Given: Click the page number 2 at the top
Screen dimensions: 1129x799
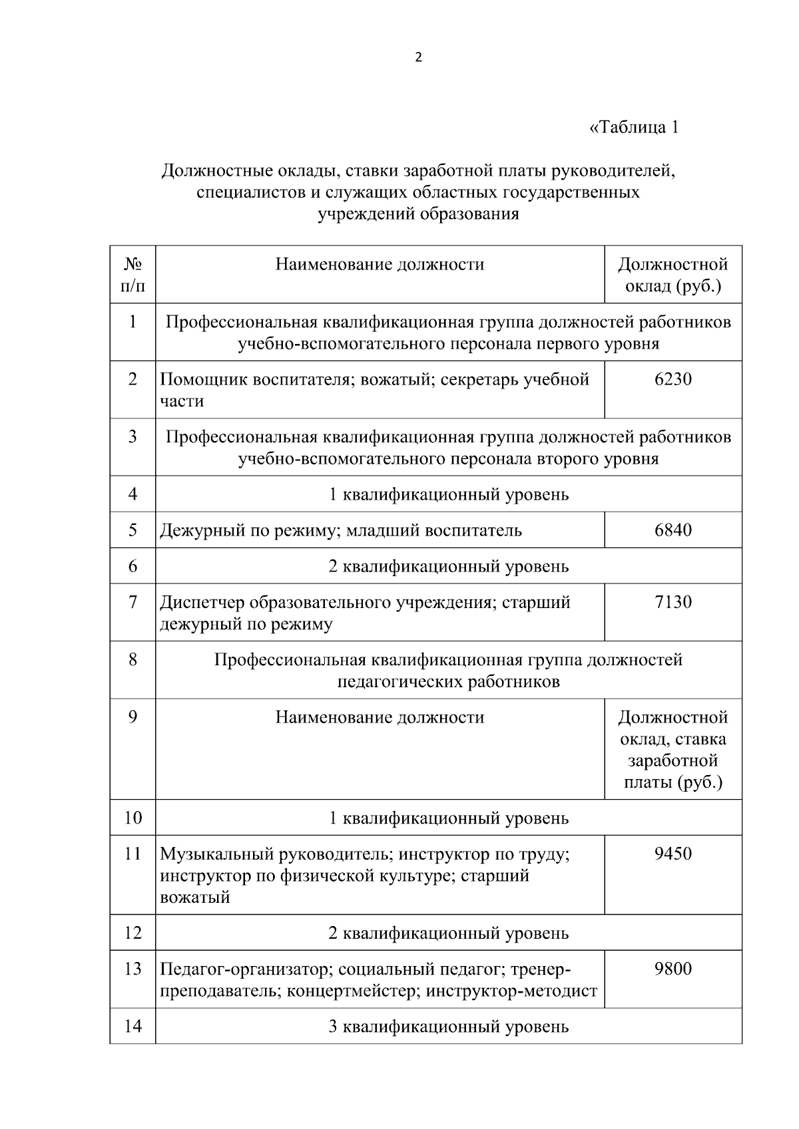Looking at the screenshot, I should pyautogui.click(x=418, y=58).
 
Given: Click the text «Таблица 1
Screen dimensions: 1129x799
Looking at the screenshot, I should pyautogui.click(x=634, y=127).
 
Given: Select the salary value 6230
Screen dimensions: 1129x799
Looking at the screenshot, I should pyautogui.click(x=673, y=379).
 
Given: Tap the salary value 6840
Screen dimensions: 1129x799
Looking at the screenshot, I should pyautogui.click(x=673, y=530).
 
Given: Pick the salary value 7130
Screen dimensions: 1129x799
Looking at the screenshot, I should pyautogui.click(x=673, y=602).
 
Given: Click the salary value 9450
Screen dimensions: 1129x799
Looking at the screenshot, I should pyautogui.click(x=673, y=854).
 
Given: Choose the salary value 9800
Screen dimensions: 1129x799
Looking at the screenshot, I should pyautogui.click(x=673, y=969).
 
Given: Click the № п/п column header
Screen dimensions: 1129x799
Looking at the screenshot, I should pyautogui.click(x=133, y=275).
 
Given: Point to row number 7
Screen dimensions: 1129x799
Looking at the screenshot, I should pyautogui.click(x=133, y=602).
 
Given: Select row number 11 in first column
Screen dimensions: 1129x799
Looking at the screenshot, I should pyautogui.click(x=133, y=854).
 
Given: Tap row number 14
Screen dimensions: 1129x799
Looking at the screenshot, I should pyautogui.click(x=133, y=1027).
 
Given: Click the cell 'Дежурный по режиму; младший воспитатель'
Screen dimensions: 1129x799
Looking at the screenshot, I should pyautogui.click(x=341, y=530).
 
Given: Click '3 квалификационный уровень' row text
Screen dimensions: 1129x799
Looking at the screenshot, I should pyautogui.click(x=449, y=1027).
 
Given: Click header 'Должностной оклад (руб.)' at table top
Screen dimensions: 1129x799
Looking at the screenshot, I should pyautogui.click(x=672, y=275).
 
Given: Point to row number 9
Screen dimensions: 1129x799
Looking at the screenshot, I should pyautogui.click(x=133, y=717).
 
